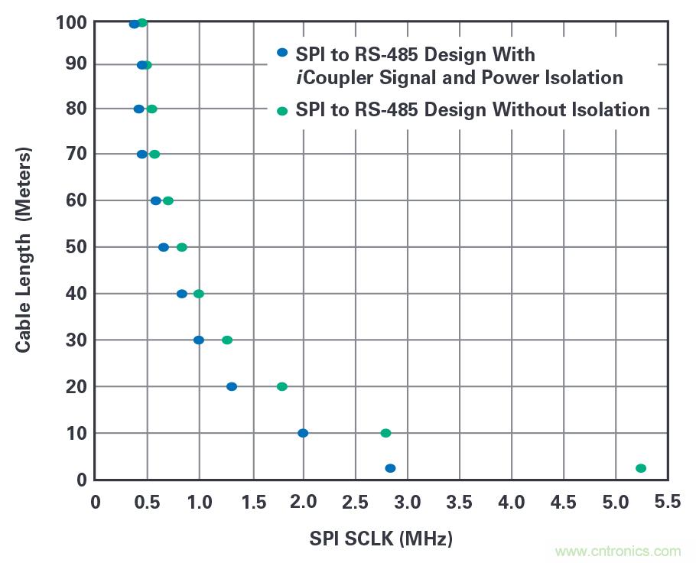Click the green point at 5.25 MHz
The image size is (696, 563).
[x=641, y=468]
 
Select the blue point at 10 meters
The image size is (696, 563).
[x=303, y=433]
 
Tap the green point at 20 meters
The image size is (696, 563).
[x=281, y=386]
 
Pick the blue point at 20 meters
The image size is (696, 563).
[x=232, y=386]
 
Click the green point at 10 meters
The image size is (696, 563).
[x=385, y=433]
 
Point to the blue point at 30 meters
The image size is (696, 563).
[x=199, y=340]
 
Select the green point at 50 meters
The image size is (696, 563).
[x=182, y=247]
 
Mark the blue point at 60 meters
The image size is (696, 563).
[x=156, y=200]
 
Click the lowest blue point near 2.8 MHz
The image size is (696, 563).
[x=390, y=468]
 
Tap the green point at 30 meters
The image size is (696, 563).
[x=227, y=340]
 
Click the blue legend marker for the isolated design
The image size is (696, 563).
[x=282, y=53]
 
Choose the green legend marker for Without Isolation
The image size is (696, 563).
[x=282, y=111]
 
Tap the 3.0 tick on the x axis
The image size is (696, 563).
[x=407, y=502]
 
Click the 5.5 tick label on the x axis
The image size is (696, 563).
[x=668, y=502]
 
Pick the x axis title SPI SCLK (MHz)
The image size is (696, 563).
[x=381, y=539]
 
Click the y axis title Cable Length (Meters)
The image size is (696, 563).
[x=24, y=250]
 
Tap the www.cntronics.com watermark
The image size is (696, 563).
[x=617, y=551]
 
